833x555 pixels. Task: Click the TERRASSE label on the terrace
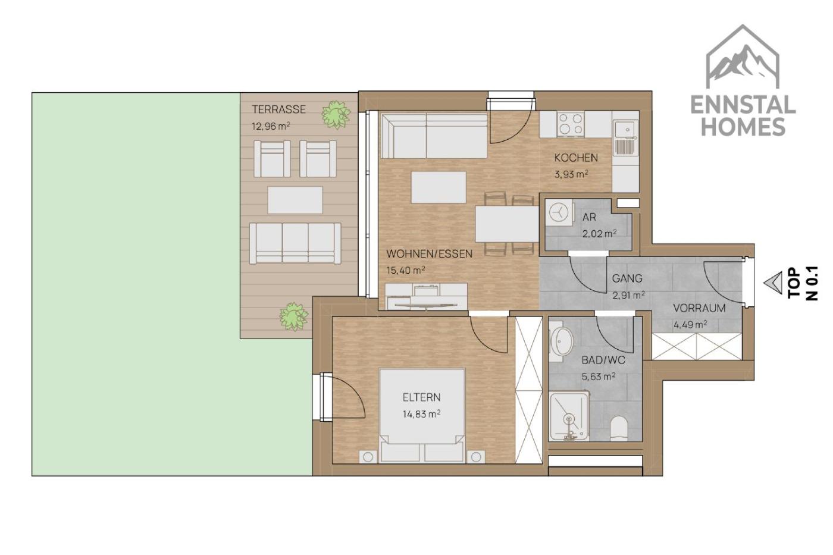278,109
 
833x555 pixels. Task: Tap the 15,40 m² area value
406,270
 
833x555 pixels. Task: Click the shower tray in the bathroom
569,416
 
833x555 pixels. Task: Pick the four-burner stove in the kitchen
571,124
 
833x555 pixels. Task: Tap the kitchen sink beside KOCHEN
626,136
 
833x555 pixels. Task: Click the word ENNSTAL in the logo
743,105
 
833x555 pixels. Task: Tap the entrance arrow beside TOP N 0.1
773,283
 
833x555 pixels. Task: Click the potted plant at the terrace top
336,114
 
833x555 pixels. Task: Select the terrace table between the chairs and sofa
295,200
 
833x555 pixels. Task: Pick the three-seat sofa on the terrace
295,243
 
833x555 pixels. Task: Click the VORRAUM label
699,308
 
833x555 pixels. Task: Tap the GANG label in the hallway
627,278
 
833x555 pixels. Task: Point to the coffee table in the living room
439,187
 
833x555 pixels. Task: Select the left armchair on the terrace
273,159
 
